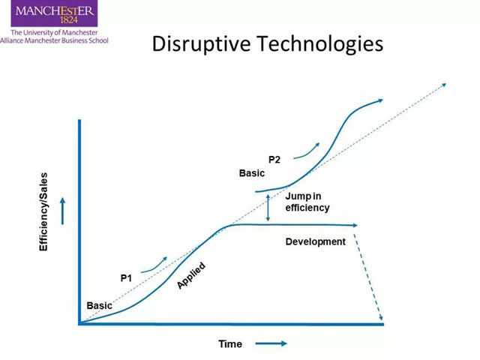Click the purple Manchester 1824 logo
click(x=54, y=13)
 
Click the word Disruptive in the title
click(x=202, y=43)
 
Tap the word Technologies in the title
click(x=320, y=43)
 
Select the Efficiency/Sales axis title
click(x=43, y=211)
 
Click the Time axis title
click(x=230, y=343)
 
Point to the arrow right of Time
click(x=271, y=343)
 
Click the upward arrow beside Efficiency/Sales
click(x=63, y=211)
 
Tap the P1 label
click(x=126, y=278)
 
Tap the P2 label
click(x=274, y=160)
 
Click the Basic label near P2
click(x=252, y=173)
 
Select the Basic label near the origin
click(x=99, y=305)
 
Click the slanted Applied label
click(x=191, y=275)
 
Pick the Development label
click(x=315, y=241)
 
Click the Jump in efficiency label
click(x=307, y=202)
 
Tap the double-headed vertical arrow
click(x=268, y=208)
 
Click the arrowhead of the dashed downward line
click(x=380, y=317)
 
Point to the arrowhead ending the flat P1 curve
click(x=355, y=225)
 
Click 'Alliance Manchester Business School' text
click(x=54, y=40)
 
